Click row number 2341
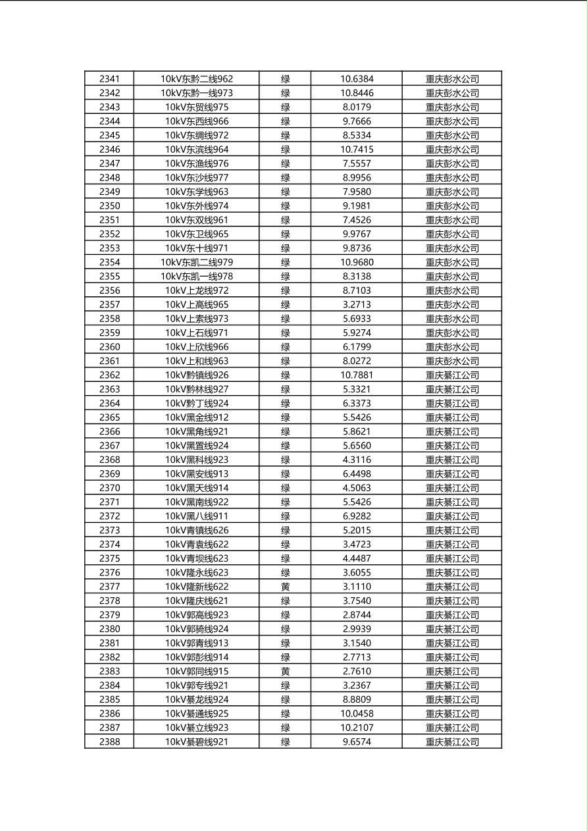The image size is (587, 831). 109,79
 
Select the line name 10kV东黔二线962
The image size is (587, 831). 196,79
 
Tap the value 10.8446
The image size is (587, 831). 357,93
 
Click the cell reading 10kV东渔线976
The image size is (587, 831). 196,163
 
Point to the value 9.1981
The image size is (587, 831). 357,205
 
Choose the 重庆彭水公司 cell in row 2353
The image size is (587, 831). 452,248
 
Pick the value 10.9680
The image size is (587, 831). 357,262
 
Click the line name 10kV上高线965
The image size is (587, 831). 196,304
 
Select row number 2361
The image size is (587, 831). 109,361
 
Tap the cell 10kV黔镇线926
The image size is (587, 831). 196,375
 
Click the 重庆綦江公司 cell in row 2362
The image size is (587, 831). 452,375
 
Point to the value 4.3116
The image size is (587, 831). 357,460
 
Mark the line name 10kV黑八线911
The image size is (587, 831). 196,516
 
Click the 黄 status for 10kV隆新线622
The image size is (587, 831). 285,586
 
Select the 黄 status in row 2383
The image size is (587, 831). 285,671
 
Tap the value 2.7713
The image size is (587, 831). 357,657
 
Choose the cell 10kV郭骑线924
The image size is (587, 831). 196,629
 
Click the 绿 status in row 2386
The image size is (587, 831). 285,713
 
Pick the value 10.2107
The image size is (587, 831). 357,728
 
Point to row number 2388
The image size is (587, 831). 109,741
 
